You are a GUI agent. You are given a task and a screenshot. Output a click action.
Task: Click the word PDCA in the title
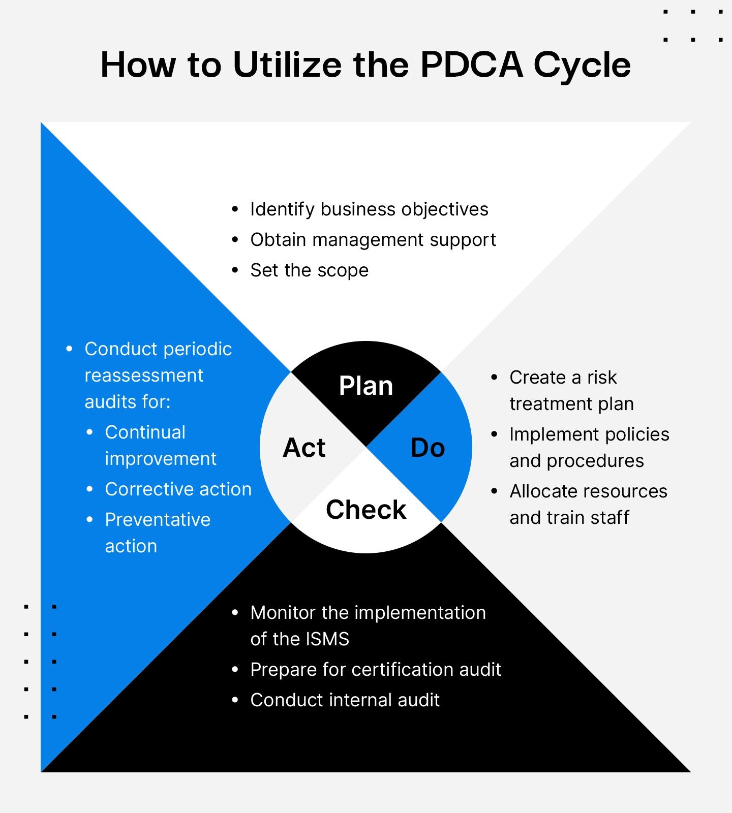pos(471,65)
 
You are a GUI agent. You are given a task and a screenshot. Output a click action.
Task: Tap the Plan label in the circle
pos(366,386)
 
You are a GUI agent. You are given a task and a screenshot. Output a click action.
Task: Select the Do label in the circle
pos(428,448)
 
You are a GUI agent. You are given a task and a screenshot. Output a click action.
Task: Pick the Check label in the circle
pos(366,509)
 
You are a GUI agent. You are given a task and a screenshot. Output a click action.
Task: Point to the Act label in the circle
pos(304,448)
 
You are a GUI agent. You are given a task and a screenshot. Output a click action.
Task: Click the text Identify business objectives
pos(369,209)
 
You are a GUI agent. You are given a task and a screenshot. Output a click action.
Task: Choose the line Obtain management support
pos(373,240)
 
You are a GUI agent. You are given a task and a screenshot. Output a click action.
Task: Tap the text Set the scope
pos(309,270)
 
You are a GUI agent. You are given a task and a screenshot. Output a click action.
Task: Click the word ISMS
pos(324,639)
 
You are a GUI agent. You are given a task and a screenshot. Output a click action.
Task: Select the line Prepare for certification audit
pos(376,670)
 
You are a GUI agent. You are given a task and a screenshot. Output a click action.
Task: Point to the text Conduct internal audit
pos(345,700)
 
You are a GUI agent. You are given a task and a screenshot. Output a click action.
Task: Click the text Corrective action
pos(178,489)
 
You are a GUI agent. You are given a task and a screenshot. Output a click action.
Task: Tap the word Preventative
pos(158,520)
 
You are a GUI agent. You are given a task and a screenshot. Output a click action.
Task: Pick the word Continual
pos(145,432)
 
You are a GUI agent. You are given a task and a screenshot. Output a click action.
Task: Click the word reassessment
pos(144,376)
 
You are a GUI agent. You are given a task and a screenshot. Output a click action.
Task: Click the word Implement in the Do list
pos(552,434)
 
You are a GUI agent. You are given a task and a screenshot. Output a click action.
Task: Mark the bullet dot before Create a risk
pos(494,378)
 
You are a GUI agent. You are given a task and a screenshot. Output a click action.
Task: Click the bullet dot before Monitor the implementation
pos(235,613)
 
